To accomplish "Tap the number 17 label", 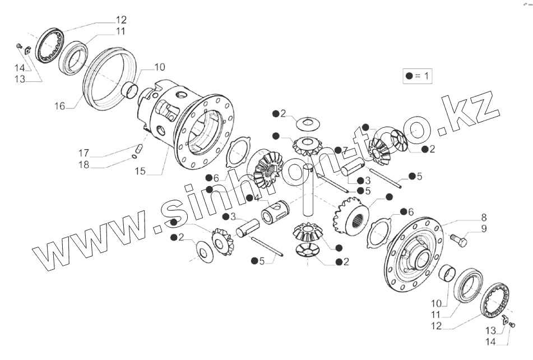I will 84,153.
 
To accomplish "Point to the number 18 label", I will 84,165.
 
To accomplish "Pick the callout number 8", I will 483,218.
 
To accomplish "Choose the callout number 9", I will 483,228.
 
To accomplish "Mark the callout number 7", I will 345,150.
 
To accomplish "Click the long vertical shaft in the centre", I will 308,191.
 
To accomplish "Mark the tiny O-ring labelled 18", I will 135,156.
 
